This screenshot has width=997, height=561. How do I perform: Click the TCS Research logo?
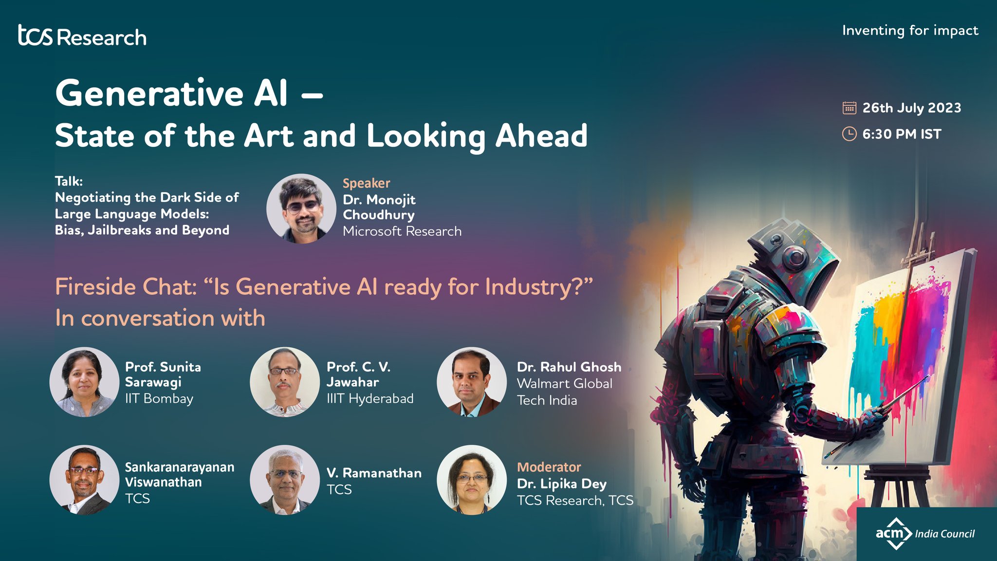coord(82,36)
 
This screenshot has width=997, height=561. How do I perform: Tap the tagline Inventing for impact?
coord(909,31)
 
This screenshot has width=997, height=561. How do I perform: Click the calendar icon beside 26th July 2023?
coord(849,108)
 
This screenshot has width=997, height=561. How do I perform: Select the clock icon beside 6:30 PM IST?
coord(849,134)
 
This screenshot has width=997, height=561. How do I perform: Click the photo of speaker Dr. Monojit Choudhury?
coord(301,208)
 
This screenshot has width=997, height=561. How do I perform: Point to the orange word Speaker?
coord(366,183)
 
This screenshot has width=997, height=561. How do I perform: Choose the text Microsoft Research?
coord(402,231)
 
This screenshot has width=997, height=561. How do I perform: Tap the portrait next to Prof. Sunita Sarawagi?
coord(84,382)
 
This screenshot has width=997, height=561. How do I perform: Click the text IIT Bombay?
coord(159,399)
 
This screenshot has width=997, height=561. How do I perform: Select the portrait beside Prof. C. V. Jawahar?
coord(285,382)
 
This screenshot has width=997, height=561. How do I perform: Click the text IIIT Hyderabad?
coord(370,399)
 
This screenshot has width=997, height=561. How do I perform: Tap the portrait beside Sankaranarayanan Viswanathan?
coord(84,480)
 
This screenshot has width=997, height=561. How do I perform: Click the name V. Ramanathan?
coord(374,473)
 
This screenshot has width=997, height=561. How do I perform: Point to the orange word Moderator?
coord(549,467)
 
